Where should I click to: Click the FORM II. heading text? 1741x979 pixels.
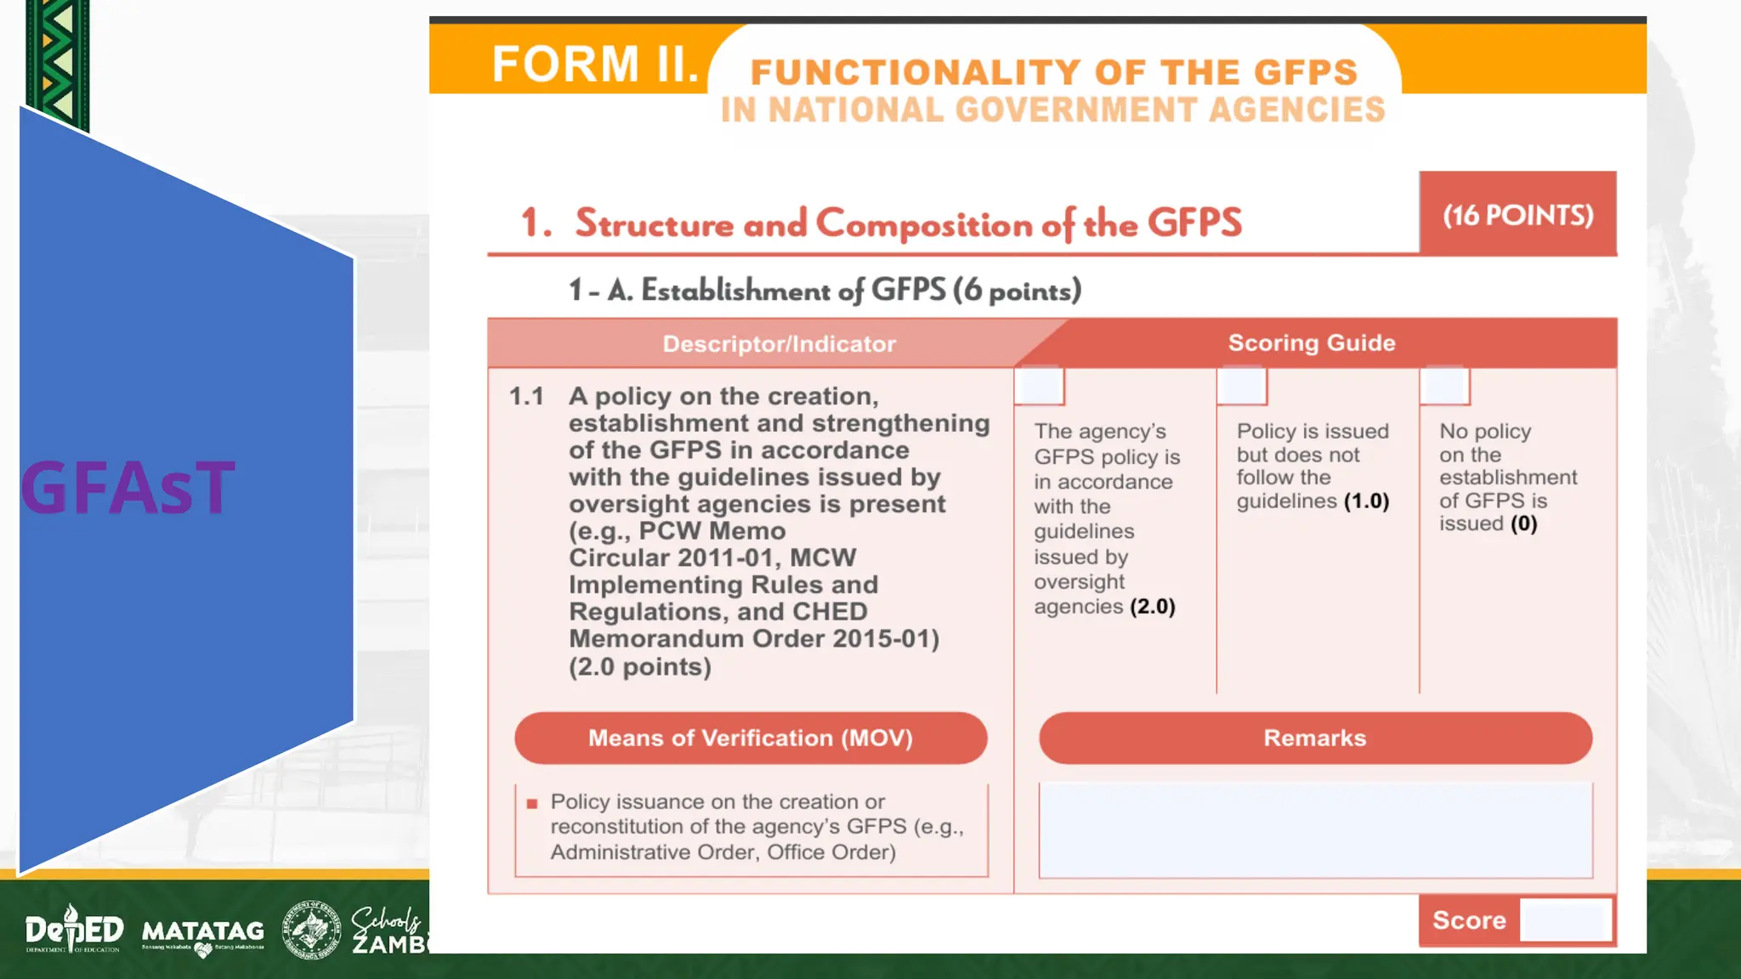pyautogui.click(x=594, y=65)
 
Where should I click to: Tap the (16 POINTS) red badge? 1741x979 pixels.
pyautogui.click(x=1517, y=214)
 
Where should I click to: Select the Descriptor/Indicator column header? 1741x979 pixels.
pyautogui.click(x=779, y=343)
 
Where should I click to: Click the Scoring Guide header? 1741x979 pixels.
pyautogui.click(x=1311, y=342)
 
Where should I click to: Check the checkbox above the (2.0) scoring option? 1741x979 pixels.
pyautogui.click(x=1039, y=387)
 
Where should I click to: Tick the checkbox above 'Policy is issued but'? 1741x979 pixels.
pyautogui.click(x=1242, y=387)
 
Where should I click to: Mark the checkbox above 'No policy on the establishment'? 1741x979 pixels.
pyautogui.click(x=1444, y=387)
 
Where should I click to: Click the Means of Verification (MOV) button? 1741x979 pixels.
pyautogui.click(x=751, y=738)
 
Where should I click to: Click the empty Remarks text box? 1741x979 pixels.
pyautogui.click(x=1315, y=829)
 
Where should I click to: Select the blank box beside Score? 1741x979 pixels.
pyautogui.click(x=1565, y=920)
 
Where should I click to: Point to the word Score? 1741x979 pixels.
pyautogui.click(x=1469, y=920)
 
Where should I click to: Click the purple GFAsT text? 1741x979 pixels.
pyautogui.click(x=128, y=488)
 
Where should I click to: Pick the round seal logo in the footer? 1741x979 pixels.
pyautogui.click(x=311, y=930)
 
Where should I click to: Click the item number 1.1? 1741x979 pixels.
pyautogui.click(x=526, y=396)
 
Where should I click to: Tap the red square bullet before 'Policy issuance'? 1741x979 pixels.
pyautogui.click(x=532, y=803)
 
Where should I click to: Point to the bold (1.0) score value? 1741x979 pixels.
pyautogui.click(x=1366, y=501)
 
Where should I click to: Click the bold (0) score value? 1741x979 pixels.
pyautogui.click(x=1523, y=523)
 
